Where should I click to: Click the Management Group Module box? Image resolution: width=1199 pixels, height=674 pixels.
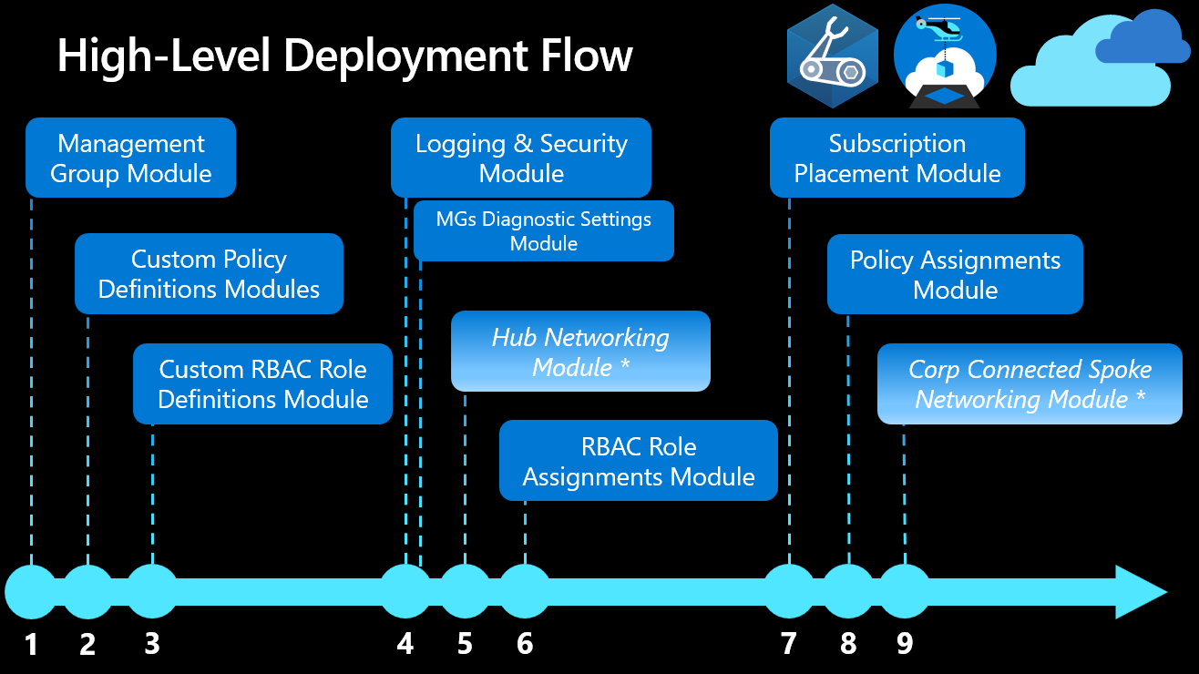[x=130, y=158]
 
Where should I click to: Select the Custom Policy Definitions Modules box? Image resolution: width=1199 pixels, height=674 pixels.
[x=209, y=274]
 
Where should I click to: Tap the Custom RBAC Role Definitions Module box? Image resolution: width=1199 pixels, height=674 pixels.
[x=262, y=383]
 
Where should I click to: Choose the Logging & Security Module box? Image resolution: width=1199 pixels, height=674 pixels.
[x=521, y=158]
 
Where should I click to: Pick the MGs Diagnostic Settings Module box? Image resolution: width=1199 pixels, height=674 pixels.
[x=543, y=231]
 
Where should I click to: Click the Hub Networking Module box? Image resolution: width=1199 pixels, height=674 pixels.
[x=580, y=352]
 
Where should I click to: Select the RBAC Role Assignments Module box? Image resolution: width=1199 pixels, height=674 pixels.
[x=638, y=461]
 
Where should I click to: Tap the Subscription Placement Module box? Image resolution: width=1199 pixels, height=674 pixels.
[x=897, y=158]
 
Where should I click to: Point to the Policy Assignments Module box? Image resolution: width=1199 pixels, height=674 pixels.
[x=955, y=274]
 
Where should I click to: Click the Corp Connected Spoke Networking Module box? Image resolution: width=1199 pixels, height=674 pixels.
[x=1030, y=383]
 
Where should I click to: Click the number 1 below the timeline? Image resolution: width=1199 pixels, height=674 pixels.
[x=32, y=645]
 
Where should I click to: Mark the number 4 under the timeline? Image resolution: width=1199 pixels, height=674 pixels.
[x=405, y=645]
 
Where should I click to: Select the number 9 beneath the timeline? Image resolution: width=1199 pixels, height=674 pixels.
[x=905, y=645]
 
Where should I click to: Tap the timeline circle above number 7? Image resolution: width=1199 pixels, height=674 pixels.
[x=789, y=591]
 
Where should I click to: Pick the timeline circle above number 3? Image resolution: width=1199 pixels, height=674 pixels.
[x=152, y=591]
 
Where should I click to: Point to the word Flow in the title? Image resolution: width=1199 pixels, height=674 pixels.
[x=584, y=56]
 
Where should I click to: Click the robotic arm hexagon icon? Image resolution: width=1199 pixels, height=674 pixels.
[x=832, y=56]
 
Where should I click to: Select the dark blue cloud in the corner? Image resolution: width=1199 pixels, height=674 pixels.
[x=1143, y=38]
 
